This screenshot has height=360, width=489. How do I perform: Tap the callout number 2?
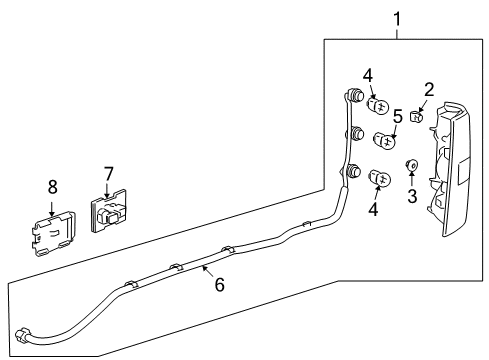(x=428, y=92)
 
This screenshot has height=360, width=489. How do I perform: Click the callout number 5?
(x=397, y=116)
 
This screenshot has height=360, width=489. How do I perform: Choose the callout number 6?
(x=218, y=285)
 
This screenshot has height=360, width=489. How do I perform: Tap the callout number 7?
(x=109, y=176)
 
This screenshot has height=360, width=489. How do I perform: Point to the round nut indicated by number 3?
(x=410, y=165)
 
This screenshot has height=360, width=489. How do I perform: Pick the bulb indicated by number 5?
(x=383, y=139)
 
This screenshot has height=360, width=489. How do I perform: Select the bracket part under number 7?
(x=111, y=212)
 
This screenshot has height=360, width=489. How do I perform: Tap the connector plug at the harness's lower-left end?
(x=22, y=332)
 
